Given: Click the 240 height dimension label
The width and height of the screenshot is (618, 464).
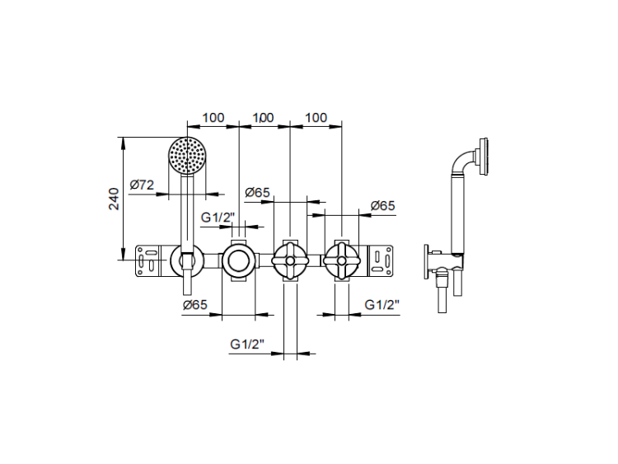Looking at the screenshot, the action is pyautogui.click(x=114, y=199).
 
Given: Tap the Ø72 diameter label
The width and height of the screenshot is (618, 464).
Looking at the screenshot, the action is pyautogui.click(x=142, y=185).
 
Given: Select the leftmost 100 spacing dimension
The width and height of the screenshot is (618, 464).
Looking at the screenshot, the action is pyautogui.click(x=213, y=118).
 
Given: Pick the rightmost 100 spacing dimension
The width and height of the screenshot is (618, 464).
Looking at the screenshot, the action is pyautogui.click(x=316, y=118).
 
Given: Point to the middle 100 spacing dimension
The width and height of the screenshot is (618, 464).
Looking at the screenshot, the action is pyautogui.click(x=264, y=118).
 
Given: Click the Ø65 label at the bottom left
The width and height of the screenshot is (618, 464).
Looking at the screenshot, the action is pyautogui.click(x=195, y=305).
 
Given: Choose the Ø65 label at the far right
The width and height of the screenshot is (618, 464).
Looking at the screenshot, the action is pyautogui.click(x=382, y=205).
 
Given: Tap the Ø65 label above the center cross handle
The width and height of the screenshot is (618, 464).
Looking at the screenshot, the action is pyautogui.click(x=257, y=192).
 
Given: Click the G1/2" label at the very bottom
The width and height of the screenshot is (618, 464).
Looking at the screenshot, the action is pyautogui.click(x=247, y=344).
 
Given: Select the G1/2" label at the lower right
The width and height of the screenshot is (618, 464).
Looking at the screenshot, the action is pyautogui.click(x=382, y=305).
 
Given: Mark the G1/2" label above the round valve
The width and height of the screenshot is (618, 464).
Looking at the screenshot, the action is pyautogui.click(x=218, y=217).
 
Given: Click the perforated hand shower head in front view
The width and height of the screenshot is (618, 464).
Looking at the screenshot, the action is pyautogui.click(x=187, y=155).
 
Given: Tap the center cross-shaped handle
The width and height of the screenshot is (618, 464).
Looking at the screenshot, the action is pyautogui.click(x=290, y=260).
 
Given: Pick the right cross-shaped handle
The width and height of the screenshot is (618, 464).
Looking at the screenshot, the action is pyautogui.click(x=341, y=260).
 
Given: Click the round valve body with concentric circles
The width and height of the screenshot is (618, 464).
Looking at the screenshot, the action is pyautogui.click(x=238, y=260).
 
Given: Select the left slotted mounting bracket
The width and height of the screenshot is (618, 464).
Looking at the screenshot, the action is pyautogui.click(x=148, y=260).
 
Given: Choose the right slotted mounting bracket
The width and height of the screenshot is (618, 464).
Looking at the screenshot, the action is pyautogui.click(x=380, y=260).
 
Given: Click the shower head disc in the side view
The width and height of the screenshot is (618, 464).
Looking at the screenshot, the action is pyautogui.click(x=483, y=156).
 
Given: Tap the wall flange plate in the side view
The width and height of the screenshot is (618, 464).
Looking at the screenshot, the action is pyautogui.click(x=427, y=261).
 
